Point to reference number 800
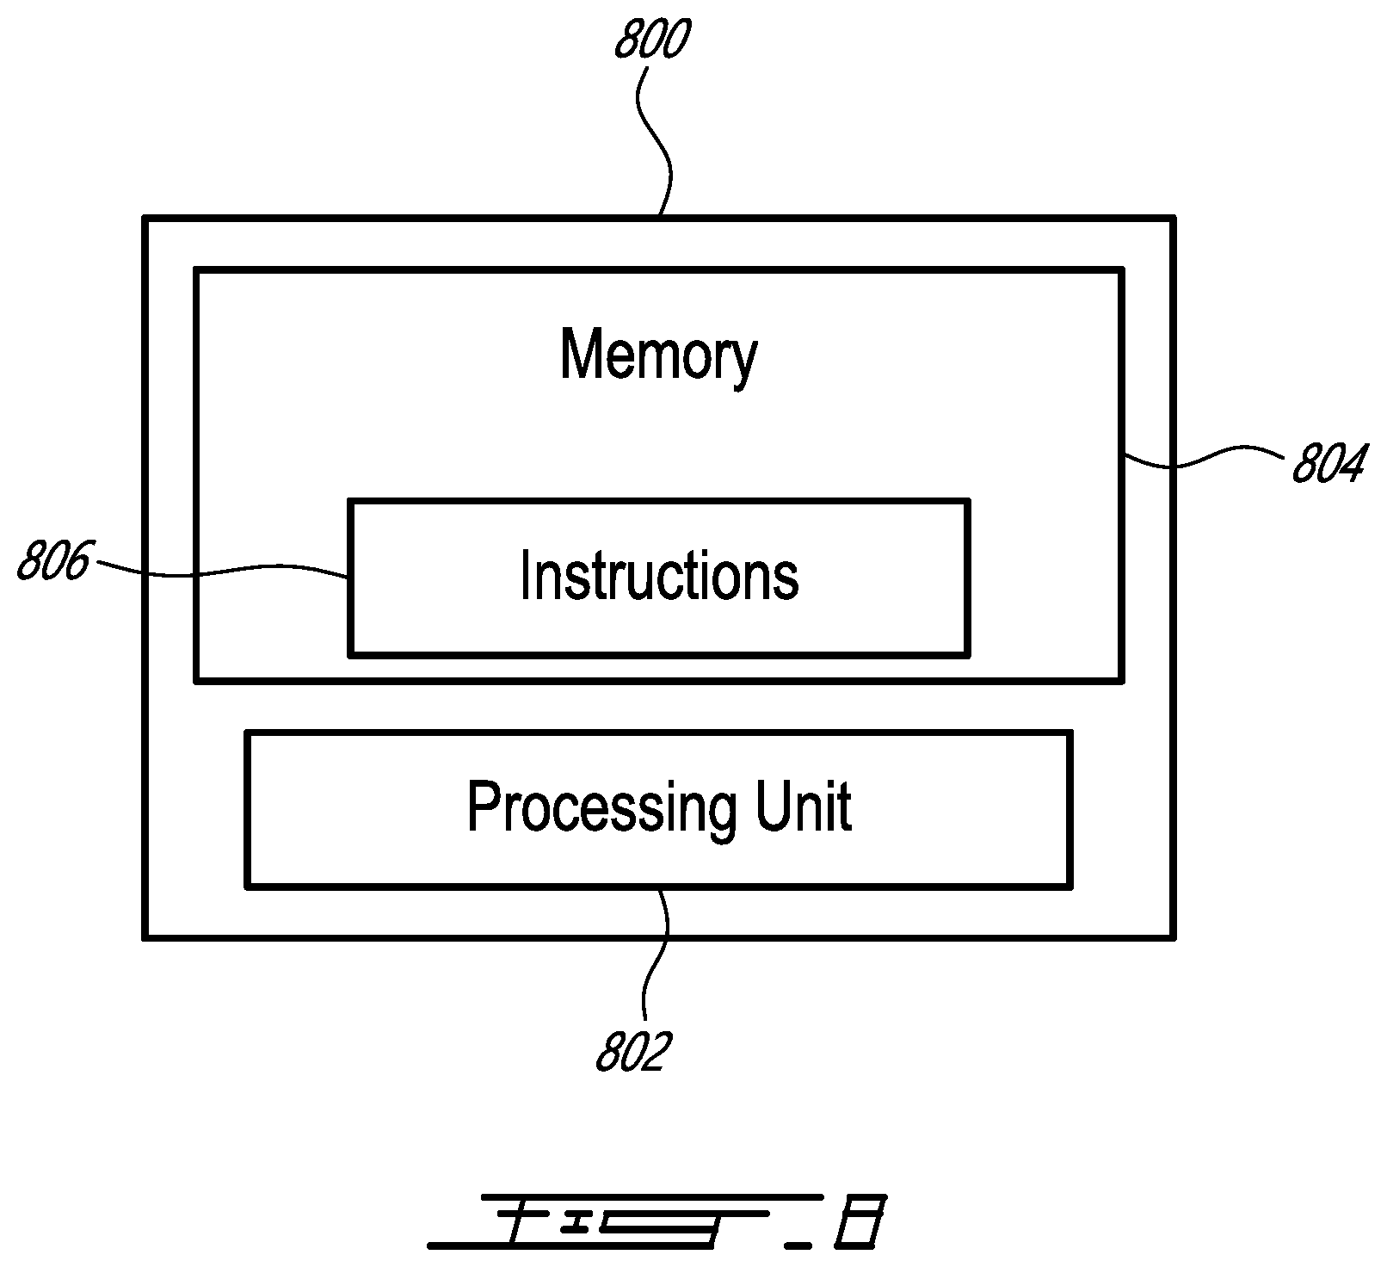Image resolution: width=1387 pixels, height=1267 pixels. (652, 40)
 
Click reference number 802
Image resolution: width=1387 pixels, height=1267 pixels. (632, 1052)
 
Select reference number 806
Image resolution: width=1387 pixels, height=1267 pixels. (53, 561)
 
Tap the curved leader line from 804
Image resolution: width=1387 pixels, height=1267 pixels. (1205, 458)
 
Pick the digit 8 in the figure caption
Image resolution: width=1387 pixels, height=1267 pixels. (860, 1221)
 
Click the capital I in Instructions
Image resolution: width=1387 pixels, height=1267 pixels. (526, 575)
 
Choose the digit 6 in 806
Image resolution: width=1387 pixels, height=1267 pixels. (77, 561)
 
